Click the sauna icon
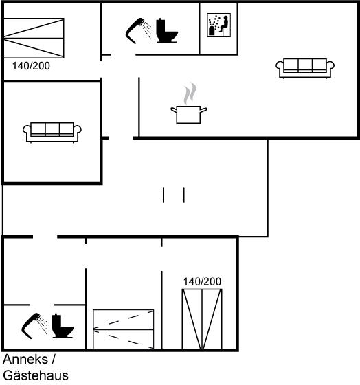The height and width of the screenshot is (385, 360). [x=219, y=25]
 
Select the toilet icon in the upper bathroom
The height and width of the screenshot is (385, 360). [x=167, y=30]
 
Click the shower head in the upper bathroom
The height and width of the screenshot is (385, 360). [x=138, y=30]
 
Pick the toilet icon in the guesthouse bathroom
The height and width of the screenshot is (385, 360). [x=63, y=326]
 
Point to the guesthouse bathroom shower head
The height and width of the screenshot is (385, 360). [x=34, y=326]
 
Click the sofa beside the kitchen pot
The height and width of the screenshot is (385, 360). [x=305, y=68]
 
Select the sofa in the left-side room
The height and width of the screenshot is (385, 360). [x=52, y=132]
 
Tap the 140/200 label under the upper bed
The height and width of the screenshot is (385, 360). [x=31, y=66]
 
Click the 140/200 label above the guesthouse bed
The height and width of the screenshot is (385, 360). [x=202, y=281]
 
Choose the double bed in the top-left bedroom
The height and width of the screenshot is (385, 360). [x=34, y=38]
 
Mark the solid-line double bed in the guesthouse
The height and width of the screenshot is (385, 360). [x=202, y=319]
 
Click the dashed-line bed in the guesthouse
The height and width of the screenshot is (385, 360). [x=124, y=329]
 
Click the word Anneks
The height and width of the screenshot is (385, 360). [x=25, y=359]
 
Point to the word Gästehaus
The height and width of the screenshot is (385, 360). [x=36, y=375]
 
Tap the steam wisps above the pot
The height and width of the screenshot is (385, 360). [x=190, y=93]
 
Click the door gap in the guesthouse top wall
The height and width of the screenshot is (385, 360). [x=45, y=236]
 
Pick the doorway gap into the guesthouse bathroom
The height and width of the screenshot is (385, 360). [x=42, y=305]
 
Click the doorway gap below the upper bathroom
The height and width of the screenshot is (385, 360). [x=124, y=54]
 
